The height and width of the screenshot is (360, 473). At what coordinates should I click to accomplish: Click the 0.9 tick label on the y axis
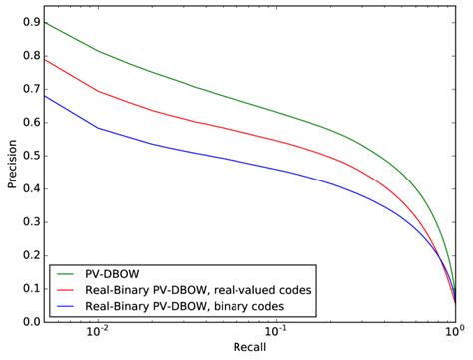click(31, 21)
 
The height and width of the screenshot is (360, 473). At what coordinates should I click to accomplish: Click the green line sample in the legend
click(71, 271)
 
